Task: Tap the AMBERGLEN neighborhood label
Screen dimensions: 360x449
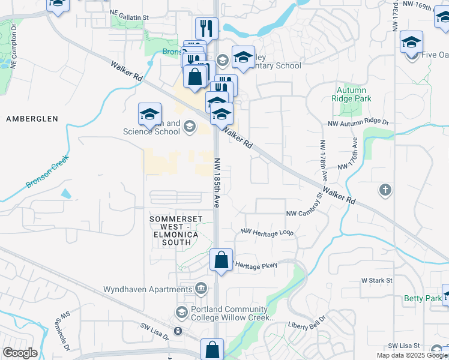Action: pyautogui.click(x=32, y=119)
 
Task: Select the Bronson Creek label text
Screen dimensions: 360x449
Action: pyautogui.click(x=47, y=173)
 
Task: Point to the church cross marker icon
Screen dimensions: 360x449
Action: pyautogui.click(x=385, y=190)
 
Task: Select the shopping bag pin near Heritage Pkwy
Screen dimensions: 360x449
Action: pyautogui.click(x=221, y=260)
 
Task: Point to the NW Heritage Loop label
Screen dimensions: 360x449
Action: pyautogui.click(x=267, y=232)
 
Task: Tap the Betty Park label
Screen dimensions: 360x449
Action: pyautogui.click(x=423, y=298)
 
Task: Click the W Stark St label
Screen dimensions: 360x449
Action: pyautogui.click(x=376, y=280)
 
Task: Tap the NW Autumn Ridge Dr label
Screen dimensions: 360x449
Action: pyautogui.click(x=358, y=122)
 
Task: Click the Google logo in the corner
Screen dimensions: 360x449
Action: pyautogui.click(x=20, y=352)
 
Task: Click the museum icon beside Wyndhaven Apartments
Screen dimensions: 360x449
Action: pyautogui.click(x=202, y=289)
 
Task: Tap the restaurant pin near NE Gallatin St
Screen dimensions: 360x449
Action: pyautogui.click(x=206, y=28)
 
